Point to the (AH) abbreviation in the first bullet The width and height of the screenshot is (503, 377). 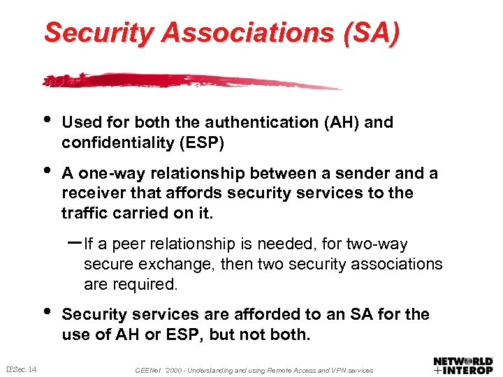(341, 122)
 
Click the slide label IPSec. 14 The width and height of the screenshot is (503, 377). (22, 369)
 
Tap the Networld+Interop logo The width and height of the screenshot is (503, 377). (462, 364)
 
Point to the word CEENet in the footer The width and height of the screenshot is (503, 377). (148, 370)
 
